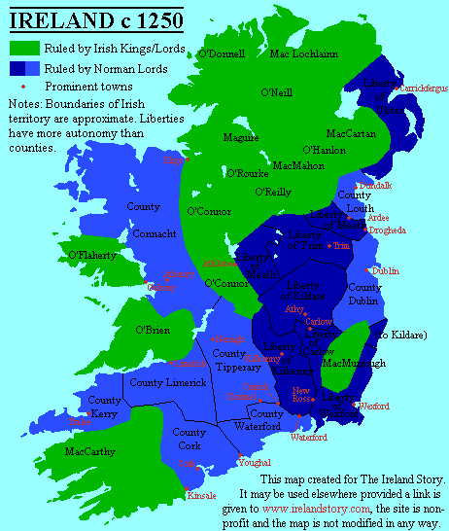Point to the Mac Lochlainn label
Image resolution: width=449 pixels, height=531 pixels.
[x=303, y=54]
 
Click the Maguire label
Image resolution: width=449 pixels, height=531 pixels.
[x=241, y=138]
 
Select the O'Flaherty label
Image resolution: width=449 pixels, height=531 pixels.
[x=92, y=255]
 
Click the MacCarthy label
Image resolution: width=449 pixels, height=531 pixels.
[x=89, y=451]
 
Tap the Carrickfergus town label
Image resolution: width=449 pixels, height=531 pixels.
[x=424, y=88]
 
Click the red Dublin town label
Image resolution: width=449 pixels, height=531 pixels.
[x=385, y=271]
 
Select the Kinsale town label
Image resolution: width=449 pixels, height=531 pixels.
[x=201, y=495]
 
